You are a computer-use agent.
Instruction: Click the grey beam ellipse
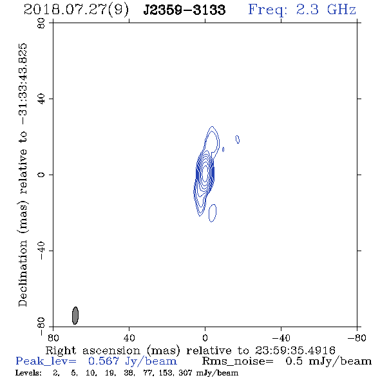point(75,316)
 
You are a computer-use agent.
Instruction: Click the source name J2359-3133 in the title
point(184,10)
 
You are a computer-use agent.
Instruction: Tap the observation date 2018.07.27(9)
point(76,10)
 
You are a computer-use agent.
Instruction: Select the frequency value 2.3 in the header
point(307,10)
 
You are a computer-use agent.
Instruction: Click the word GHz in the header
point(341,10)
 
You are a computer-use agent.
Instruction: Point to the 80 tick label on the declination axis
point(41,24)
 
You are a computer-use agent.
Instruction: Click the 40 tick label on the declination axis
point(41,99)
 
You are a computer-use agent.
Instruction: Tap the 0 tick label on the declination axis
point(41,175)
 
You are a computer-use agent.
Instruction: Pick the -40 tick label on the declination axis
point(41,251)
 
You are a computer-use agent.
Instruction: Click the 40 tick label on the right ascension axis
point(129,337)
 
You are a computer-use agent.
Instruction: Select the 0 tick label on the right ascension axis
point(205,337)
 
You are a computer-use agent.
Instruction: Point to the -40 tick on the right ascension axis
point(281,337)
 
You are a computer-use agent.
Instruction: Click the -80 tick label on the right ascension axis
point(357,337)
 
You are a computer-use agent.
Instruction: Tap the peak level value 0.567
point(104,361)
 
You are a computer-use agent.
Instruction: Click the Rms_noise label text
point(238,361)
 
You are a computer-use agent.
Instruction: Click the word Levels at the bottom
point(28,372)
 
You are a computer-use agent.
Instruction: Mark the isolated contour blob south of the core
point(213,213)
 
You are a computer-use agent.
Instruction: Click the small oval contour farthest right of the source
point(238,139)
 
